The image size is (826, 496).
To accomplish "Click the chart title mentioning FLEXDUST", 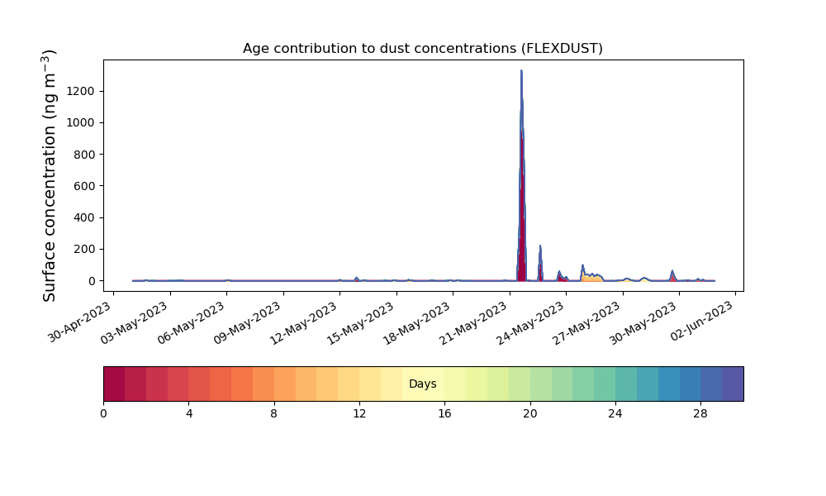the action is point(422,49).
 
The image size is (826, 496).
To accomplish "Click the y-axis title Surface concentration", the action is point(49,175).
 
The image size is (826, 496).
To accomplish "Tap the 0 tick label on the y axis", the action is point(92,281).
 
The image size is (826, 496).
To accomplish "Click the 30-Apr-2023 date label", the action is point(79,322).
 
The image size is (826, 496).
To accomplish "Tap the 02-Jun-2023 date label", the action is point(701,321).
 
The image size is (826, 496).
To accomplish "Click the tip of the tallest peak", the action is point(521,70).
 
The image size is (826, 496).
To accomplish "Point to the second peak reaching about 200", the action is point(540,246).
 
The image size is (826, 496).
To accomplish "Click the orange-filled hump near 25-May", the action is point(592,276).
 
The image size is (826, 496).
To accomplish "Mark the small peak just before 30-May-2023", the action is point(672,271).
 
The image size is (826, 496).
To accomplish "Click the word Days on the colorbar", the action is point(422,384).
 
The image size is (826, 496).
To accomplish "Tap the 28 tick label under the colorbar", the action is point(700,414).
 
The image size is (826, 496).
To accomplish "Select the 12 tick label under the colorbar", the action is point(359,414).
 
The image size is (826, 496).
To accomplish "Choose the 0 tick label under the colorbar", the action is point(103,414).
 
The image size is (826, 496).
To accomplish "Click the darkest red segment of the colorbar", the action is point(114,384).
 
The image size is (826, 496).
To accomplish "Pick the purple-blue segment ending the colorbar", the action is point(733,384).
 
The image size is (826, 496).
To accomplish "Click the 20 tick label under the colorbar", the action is point(530,414).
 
